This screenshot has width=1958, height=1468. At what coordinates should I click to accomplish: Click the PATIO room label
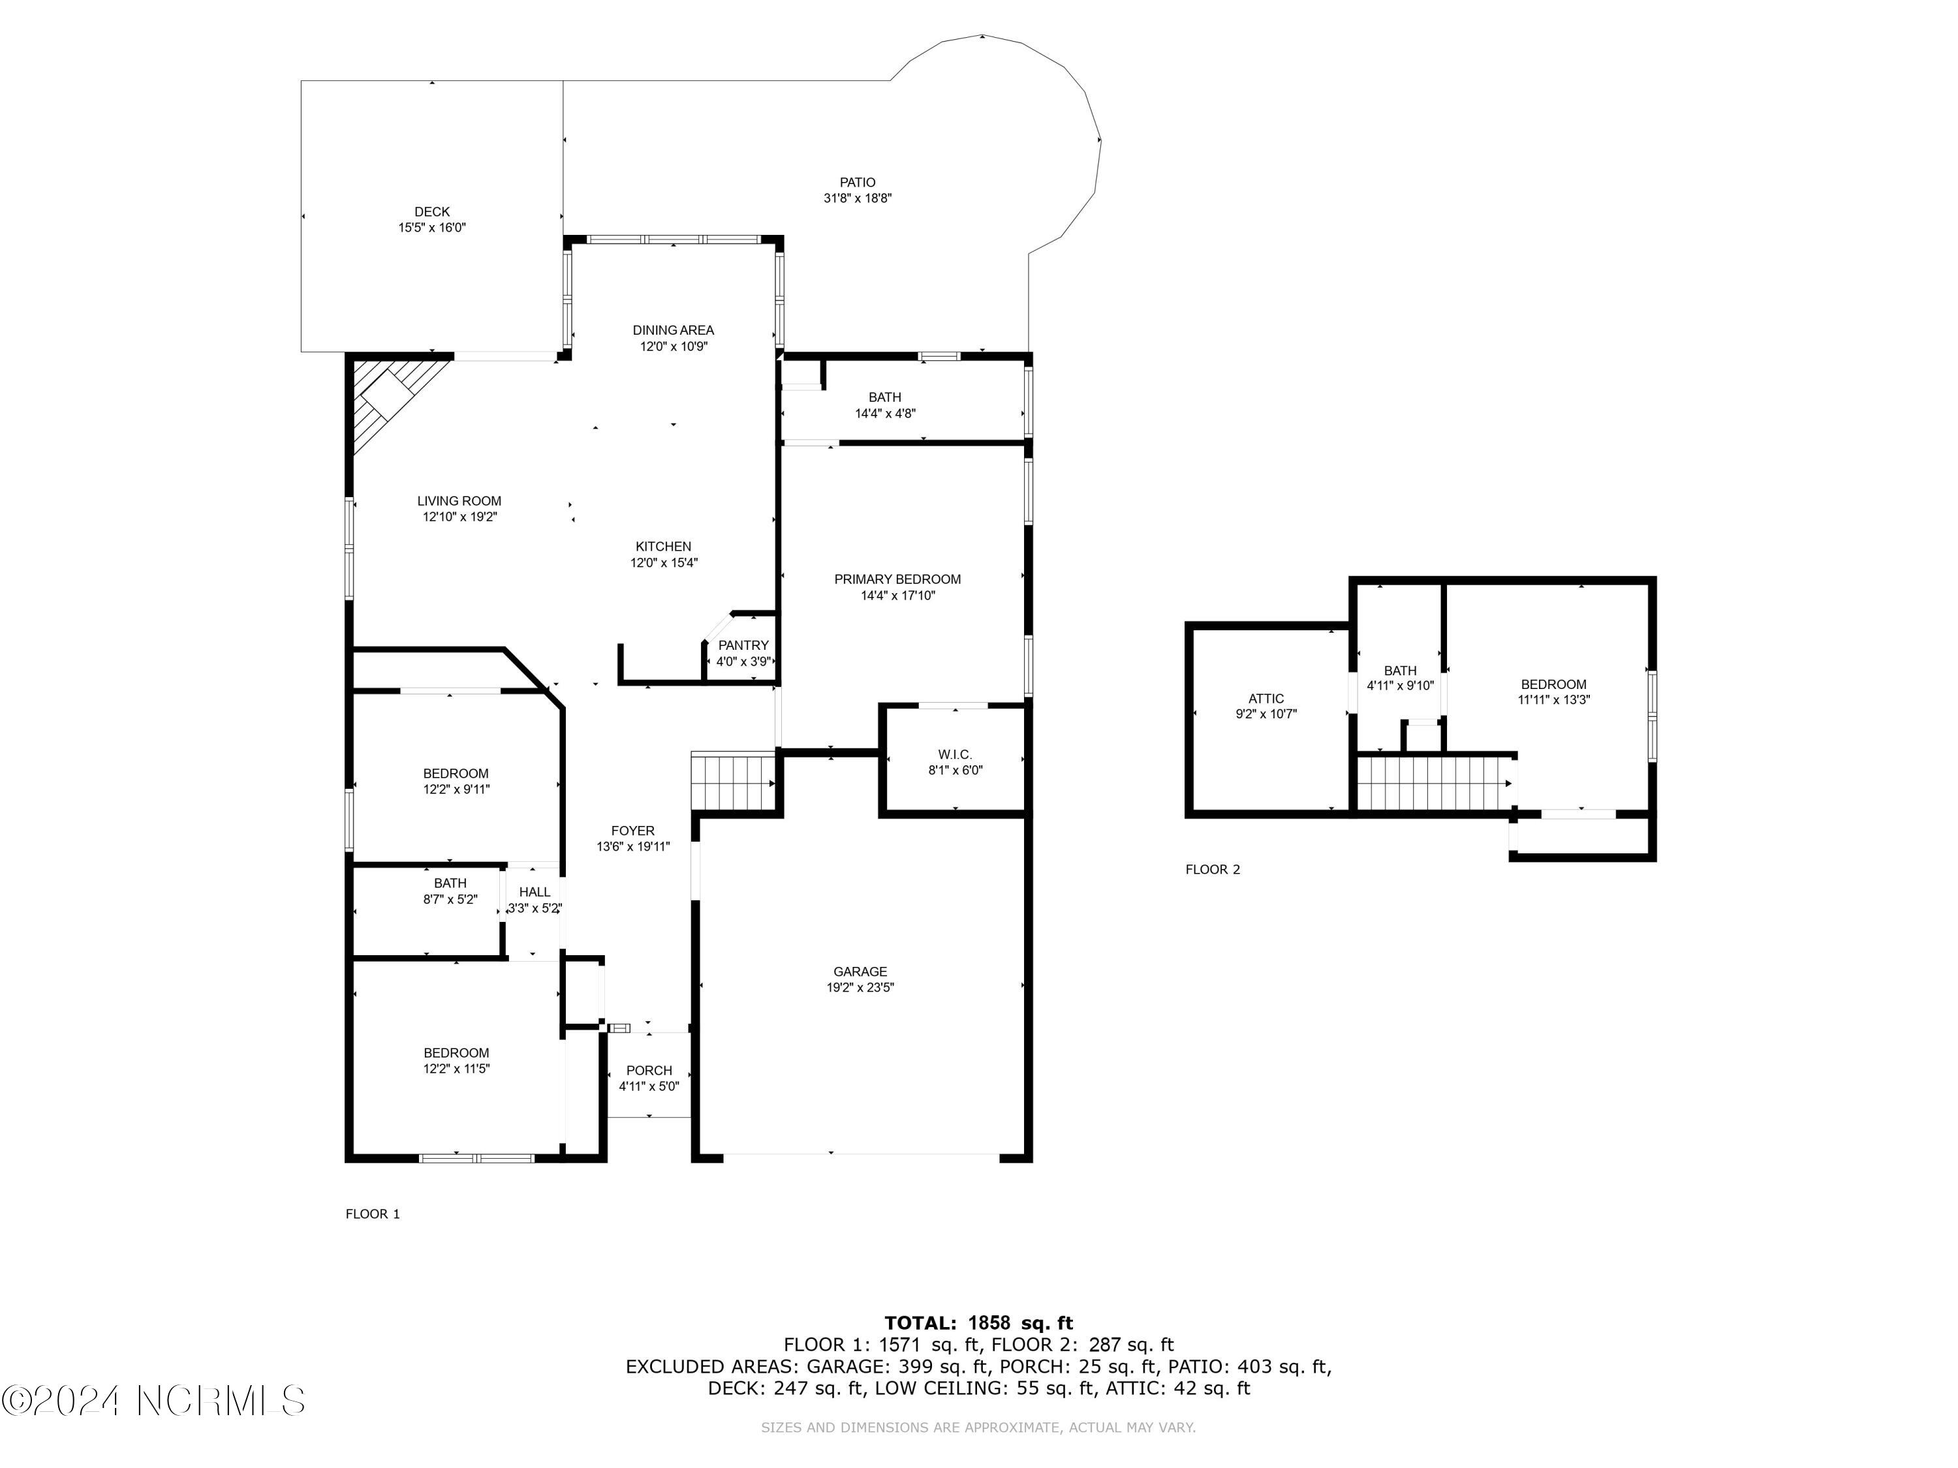click(858, 182)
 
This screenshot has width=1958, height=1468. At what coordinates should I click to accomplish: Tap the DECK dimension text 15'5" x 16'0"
click(432, 228)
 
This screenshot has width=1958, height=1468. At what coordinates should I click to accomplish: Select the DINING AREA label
click(673, 330)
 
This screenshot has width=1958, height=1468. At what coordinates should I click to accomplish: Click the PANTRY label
click(743, 645)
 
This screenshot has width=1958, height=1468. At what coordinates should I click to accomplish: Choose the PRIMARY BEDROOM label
click(897, 579)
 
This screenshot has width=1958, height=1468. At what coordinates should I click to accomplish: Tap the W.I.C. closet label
click(955, 754)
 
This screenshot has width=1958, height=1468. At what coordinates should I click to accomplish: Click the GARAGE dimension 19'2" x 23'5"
click(860, 988)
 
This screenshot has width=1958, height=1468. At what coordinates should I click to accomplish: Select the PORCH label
click(649, 1070)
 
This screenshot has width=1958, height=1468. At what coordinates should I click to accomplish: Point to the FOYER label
click(633, 831)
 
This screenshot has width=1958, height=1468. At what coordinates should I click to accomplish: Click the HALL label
click(535, 892)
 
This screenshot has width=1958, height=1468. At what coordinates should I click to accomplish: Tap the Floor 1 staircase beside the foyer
click(734, 782)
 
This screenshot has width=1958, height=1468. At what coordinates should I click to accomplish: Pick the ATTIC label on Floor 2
click(1266, 698)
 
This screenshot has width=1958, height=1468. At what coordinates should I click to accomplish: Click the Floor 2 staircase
click(1435, 783)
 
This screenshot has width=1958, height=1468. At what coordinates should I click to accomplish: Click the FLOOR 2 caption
click(1213, 869)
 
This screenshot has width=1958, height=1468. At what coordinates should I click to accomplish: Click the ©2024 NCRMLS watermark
click(153, 1400)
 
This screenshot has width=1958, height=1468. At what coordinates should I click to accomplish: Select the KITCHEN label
click(663, 546)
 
